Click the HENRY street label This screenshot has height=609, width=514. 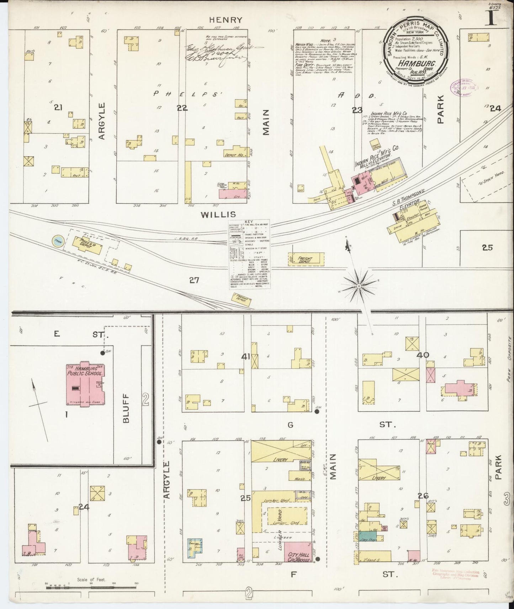(x=221, y=20)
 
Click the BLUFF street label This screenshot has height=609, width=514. (x=127, y=408)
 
